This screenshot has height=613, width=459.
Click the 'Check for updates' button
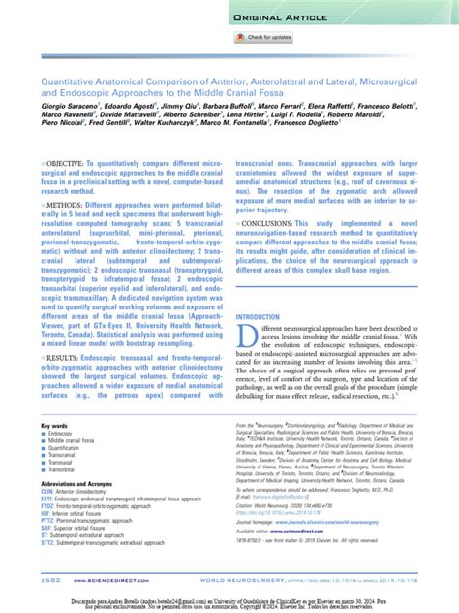point(263,37)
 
